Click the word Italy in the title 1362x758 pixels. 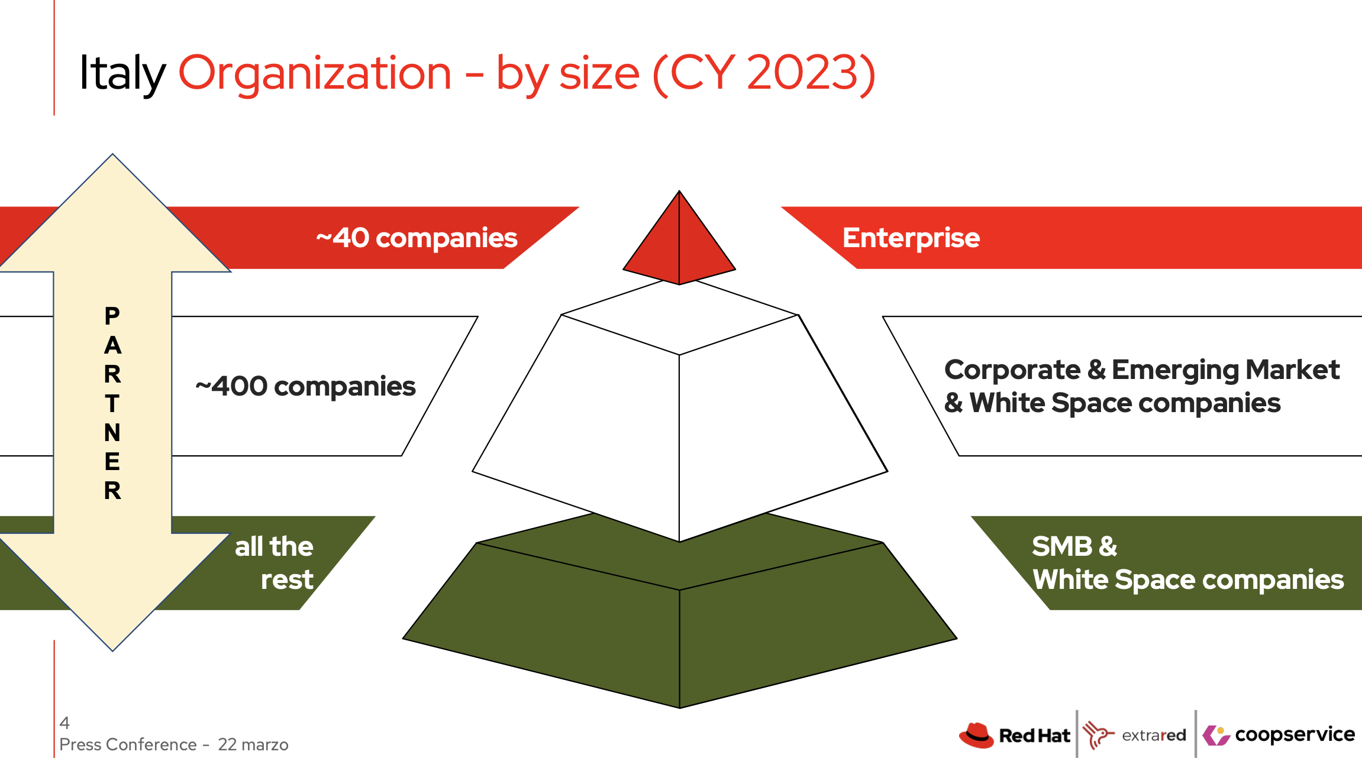tap(122, 73)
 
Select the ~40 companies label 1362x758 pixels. tap(417, 238)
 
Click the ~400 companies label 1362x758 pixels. tap(305, 386)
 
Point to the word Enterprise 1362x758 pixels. tap(911, 238)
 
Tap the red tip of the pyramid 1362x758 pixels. tap(679, 242)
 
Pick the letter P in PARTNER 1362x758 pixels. tap(112, 316)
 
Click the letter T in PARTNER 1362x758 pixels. tap(112, 404)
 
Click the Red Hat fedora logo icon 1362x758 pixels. tap(976, 735)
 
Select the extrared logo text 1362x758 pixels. tap(1154, 736)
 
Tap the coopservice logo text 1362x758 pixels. tap(1295, 734)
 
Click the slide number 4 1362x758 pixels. tap(64, 723)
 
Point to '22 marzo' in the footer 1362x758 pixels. tap(253, 744)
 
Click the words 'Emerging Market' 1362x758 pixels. tap(1225, 370)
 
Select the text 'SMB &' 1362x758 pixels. tap(1074, 546)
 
